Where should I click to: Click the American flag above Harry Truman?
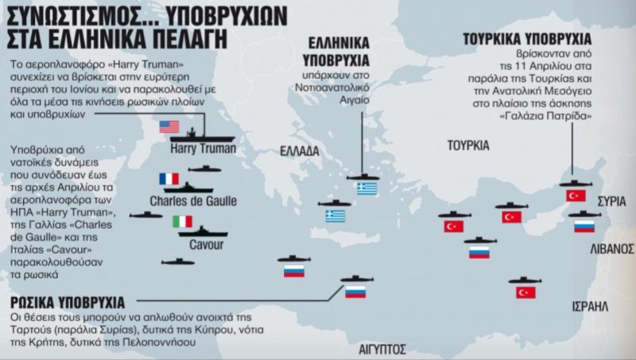pos(169,126)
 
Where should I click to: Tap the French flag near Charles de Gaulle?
pos(169,179)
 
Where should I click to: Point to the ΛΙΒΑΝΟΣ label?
pos(611,249)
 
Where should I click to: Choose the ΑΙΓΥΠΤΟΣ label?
pos(378,348)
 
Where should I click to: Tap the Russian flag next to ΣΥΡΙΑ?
pos(584,226)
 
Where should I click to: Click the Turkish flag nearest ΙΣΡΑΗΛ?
pos(525,292)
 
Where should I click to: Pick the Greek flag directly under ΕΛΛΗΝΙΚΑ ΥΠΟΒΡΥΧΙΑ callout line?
pos(366,188)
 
